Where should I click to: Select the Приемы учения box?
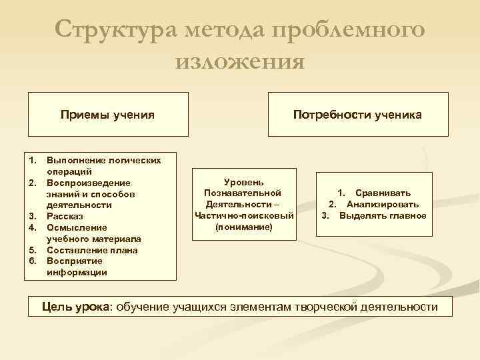(x=107, y=115)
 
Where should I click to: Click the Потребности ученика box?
(x=357, y=115)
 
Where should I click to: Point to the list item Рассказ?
(x=65, y=217)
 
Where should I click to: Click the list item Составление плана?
(x=92, y=250)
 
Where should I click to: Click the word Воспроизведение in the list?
(x=89, y=183)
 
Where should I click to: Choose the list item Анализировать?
(x=382, y=204)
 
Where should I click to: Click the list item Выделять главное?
(x=382, y=215)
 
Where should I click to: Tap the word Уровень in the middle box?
(x=243, y=181)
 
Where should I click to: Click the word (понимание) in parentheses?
(x=243, y=227)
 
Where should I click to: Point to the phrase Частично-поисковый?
(x=243, y=215)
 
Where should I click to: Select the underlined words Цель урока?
(x=76, y=307)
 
